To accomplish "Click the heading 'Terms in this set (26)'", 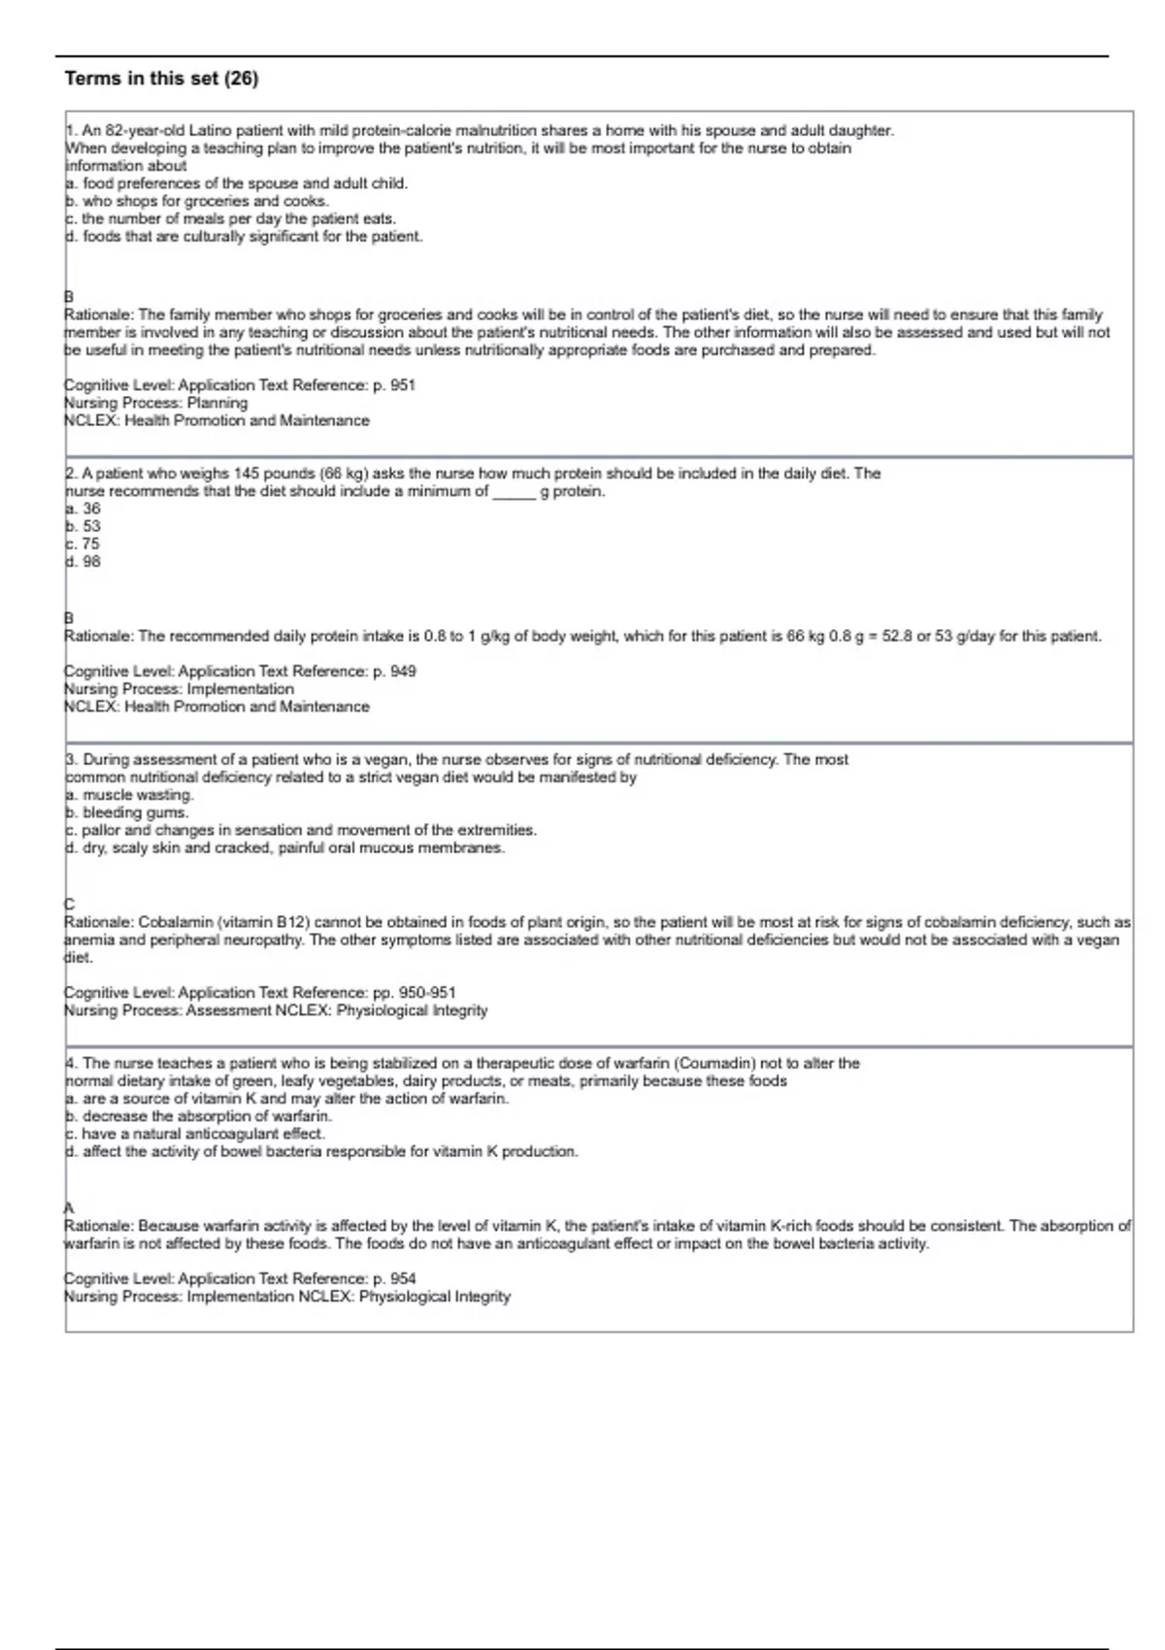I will click(x=161, y=79).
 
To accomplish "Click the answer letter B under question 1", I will click(x=69, y=296).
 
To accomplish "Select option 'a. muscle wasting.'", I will click(x=130, y=795).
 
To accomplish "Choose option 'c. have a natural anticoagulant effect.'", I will click(x=195, y=1134).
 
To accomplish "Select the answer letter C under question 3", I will click(x=69, y=904).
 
